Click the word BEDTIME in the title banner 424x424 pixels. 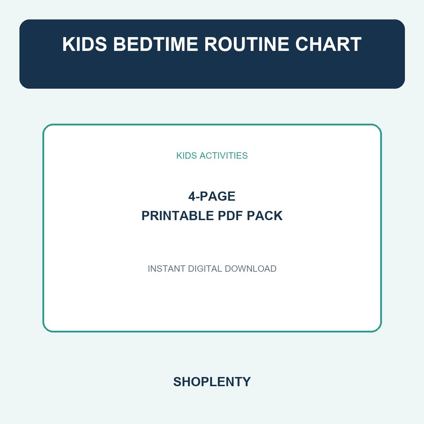[155, 44]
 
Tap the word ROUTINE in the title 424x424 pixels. [246, 44]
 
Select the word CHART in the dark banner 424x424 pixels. [328, 44]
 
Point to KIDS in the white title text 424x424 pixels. [84, 44]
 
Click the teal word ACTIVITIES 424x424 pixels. [224, 155]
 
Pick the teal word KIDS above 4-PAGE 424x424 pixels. [187, 155]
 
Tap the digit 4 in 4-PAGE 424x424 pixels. [192, 196]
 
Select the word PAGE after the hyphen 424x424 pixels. [218, 196]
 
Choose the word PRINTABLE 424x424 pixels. [178, 216]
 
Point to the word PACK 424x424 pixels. [265, 216]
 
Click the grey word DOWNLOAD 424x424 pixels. [251, 269]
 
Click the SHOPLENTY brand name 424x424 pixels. [212, 382]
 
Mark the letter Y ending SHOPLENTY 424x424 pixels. [246, 382]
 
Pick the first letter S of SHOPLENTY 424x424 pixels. [178, 382]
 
